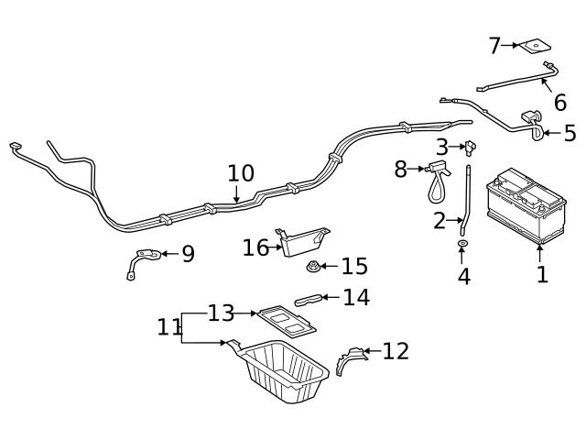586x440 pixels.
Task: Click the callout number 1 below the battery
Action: point(542,273)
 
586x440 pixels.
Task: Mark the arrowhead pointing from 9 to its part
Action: point(164,254)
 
